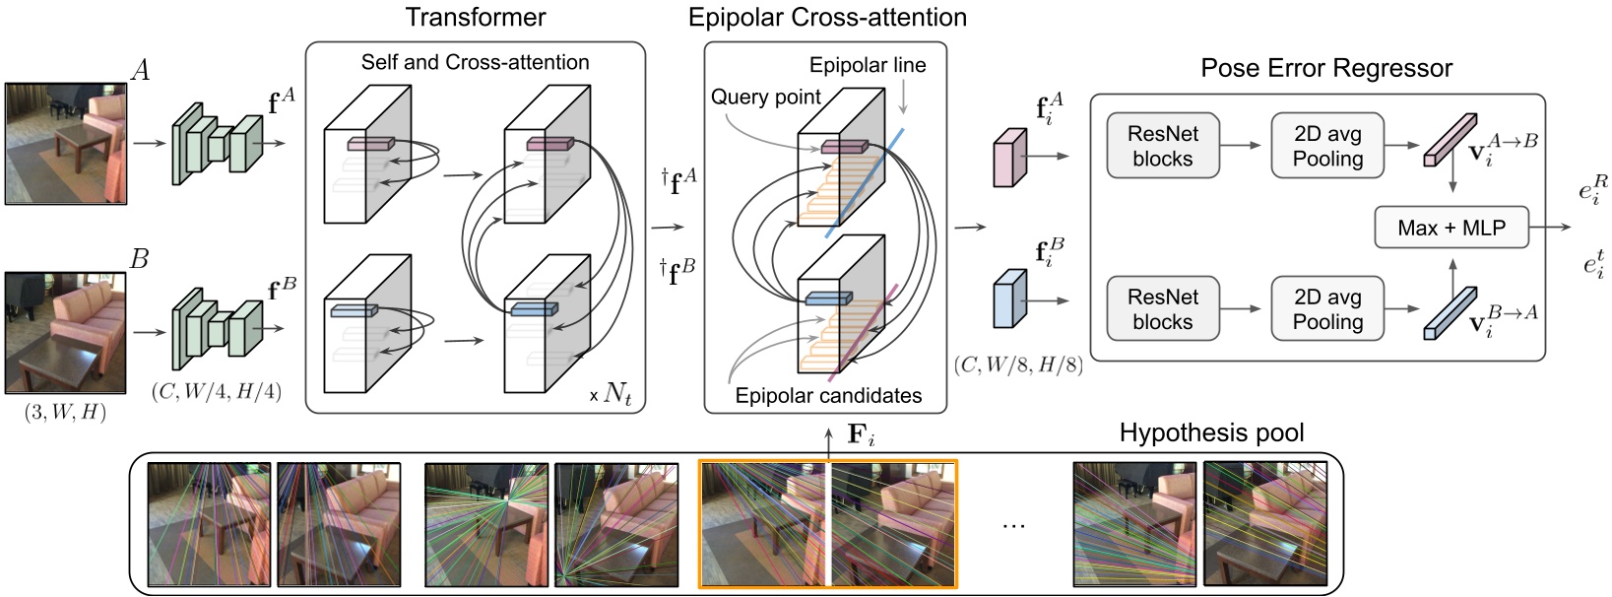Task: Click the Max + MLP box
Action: coord(1451,228)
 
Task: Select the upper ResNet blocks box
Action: coord(1162,146)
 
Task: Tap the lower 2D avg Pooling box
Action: coord(1327,309)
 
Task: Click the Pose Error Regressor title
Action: coord(1326,68)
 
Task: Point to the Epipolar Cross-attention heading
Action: coord(827,17)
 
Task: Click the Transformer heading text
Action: coord(476,17)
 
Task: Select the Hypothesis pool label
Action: coord(1211,433)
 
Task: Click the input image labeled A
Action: coord(65,144)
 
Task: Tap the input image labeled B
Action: coord(65,333)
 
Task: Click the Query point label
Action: coord(765,97)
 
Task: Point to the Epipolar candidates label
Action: coord(828,396)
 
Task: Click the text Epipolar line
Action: coord(868,65)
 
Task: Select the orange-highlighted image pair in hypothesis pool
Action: coord(827,524)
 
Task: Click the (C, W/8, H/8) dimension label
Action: coord(1018,365)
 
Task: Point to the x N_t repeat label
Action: coord(612,394)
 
